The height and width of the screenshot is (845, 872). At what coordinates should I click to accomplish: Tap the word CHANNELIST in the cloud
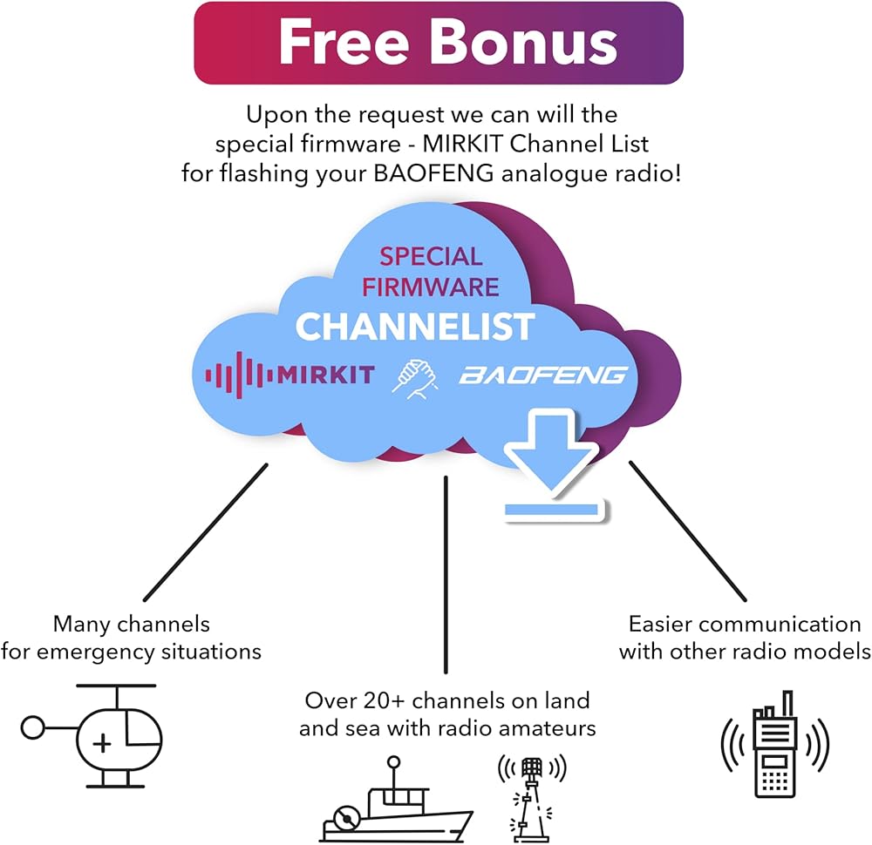pyautogui.click(x=414, y=327)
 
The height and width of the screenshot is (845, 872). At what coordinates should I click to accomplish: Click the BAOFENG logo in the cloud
pyautogui.click(x=543, y=375)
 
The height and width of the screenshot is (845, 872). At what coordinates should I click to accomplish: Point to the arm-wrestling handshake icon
pyautogui.click(x=416, y=375)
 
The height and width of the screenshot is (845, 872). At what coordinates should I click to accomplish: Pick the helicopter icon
pyautogui.click(x=96, y=734)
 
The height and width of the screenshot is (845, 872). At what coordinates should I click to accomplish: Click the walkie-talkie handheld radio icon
pyautogui.click(x=774, y=745)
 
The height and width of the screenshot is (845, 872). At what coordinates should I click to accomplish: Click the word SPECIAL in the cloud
pyautogui.click(x=431, y=257)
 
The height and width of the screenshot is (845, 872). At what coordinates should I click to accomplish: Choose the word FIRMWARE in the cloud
pyautogui.click(x=430, y=286)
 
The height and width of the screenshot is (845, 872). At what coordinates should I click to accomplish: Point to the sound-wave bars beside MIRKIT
pyautogui.click(x=235, y=375)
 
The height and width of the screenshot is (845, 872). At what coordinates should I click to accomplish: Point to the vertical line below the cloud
pyautogui.click(x=446, y=575)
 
